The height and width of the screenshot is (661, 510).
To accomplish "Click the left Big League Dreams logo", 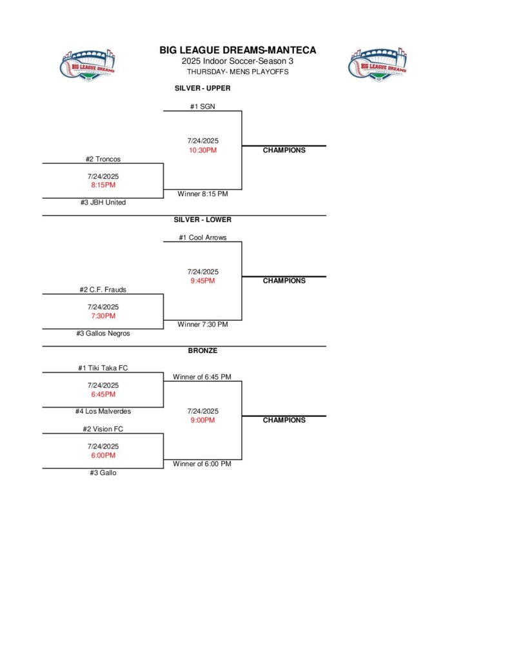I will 79,64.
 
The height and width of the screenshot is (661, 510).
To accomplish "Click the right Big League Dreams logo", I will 378,64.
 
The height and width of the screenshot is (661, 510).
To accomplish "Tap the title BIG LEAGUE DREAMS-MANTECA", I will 238,50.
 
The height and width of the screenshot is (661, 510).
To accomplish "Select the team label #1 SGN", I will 202,107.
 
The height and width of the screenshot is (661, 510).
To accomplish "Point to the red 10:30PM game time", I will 202,150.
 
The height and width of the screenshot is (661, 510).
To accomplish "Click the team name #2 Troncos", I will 103,159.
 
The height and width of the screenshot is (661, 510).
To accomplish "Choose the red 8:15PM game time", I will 103,185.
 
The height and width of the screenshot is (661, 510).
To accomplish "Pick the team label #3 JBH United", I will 103,203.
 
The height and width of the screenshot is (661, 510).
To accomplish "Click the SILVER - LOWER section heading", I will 202,219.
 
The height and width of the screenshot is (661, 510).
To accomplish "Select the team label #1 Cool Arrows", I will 202,238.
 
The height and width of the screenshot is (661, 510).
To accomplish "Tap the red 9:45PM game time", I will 202,281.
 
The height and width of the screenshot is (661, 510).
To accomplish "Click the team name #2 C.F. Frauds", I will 103,290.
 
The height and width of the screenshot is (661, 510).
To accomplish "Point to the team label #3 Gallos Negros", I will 103,334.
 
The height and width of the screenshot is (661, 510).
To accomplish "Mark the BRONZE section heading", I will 202,351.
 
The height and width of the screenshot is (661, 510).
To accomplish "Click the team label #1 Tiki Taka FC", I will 103,368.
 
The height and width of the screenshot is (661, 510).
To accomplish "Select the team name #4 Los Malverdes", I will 103,411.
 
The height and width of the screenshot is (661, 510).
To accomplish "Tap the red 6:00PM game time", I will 103,455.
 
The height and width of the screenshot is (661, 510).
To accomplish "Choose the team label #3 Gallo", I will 103,473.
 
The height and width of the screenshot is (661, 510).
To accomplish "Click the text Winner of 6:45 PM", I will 202,377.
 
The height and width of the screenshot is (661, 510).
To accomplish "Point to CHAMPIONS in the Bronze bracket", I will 284,420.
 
